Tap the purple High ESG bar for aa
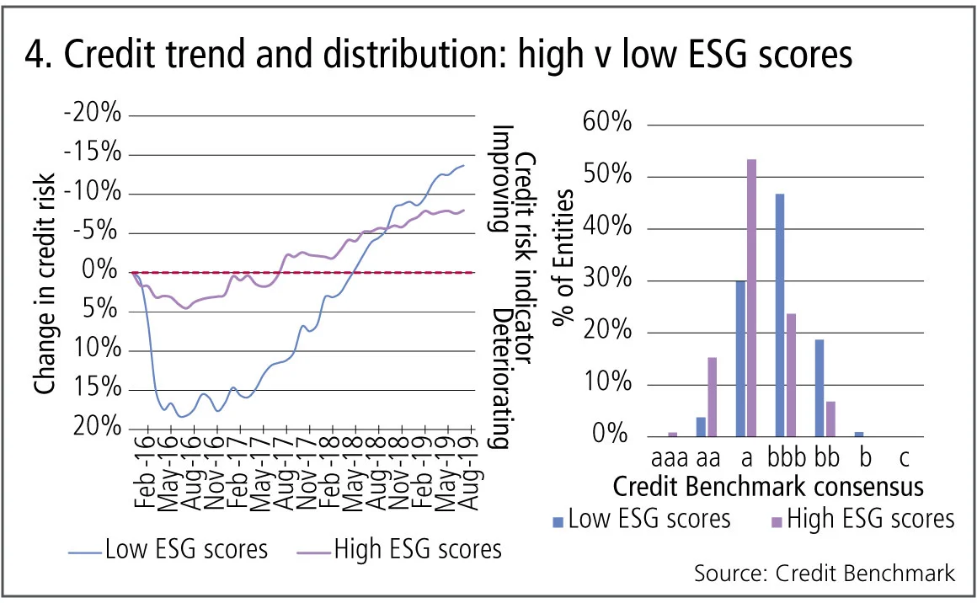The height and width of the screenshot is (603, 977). click(712, 397)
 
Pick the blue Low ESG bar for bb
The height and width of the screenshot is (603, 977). click(819, 388)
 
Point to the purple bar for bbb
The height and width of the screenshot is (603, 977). click(790, 375)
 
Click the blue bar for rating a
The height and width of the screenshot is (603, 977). click(740, 359)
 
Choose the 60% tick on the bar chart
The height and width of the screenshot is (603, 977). click(606, 125)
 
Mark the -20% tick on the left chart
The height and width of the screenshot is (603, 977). click(93, 115)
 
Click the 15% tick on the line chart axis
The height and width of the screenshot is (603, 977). click(96, 388)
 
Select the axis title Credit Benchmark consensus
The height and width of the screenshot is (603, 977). click(767, 487)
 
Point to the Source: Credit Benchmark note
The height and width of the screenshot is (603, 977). click(825, 574)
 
